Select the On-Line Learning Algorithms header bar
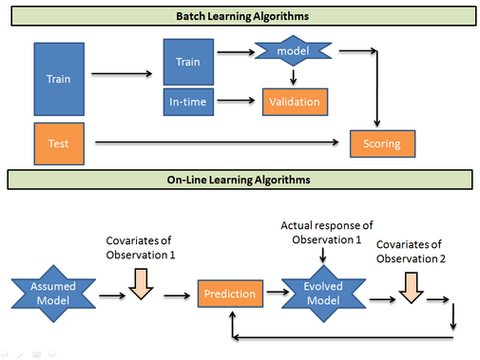[x=240, y=179]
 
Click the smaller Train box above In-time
[x=188, y=62]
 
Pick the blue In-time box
[x=188, y=99]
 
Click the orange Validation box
[x=295, y=100]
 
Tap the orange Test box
[x=59, y=142]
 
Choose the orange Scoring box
[x=382, y=143]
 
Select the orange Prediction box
[x=229, y=294]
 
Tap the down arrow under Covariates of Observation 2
[x=412, y=287]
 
